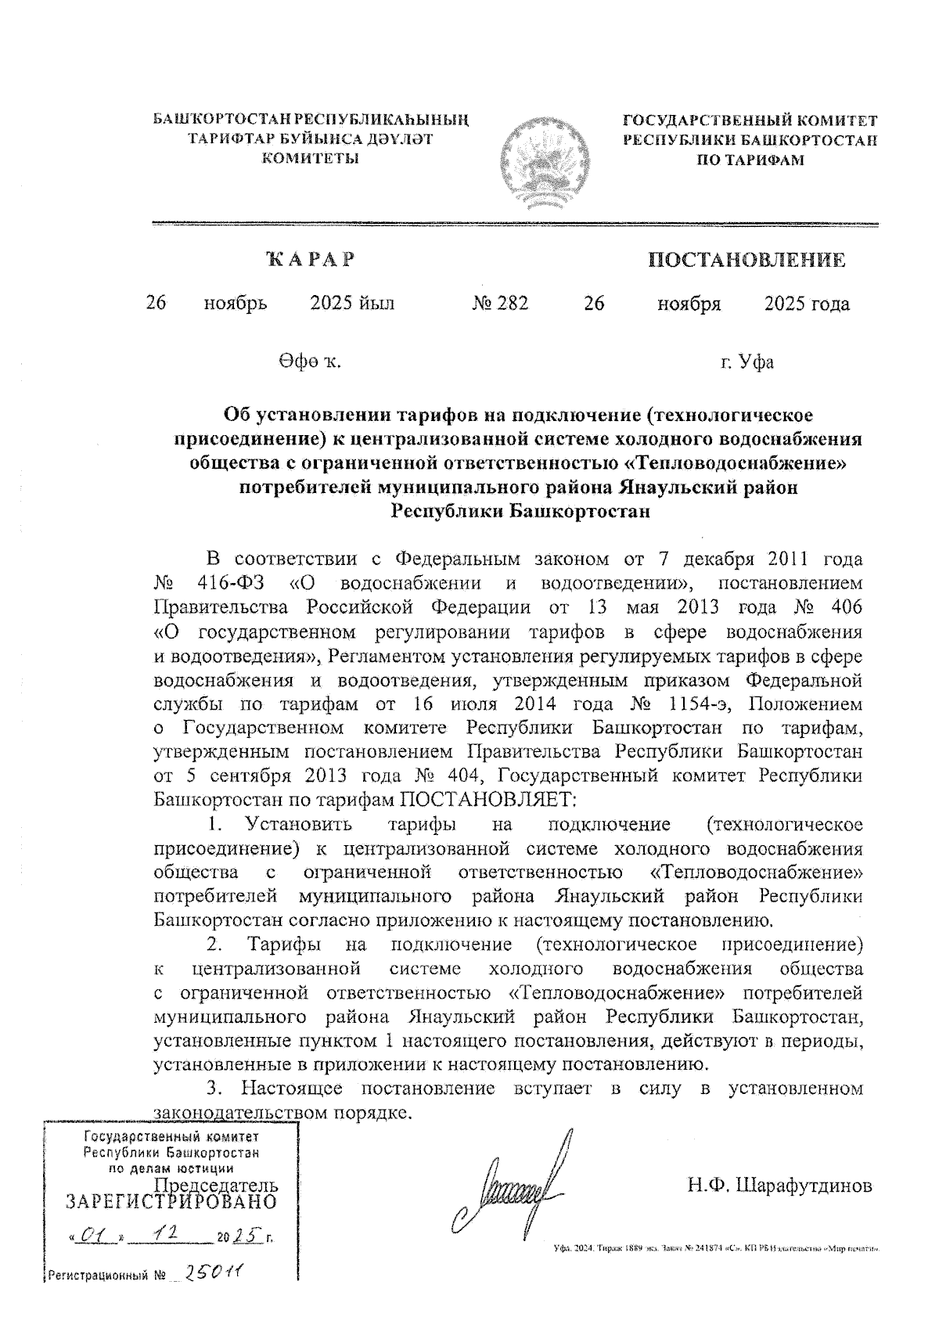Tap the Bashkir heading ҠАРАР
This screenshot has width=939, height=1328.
coord(310,259)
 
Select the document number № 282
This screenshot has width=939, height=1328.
coord(500,304)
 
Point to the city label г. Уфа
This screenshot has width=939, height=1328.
coord(747,362)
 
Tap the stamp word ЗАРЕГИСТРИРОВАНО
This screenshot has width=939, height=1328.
coord(171,1201)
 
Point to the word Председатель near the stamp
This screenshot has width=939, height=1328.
coord(216,1184)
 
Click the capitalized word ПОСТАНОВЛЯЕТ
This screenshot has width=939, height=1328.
coord(488,800)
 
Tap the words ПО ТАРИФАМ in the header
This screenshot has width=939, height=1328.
coord(750,160)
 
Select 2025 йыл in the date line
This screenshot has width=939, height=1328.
coord(352,304)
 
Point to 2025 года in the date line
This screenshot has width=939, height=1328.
coord(807,304)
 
